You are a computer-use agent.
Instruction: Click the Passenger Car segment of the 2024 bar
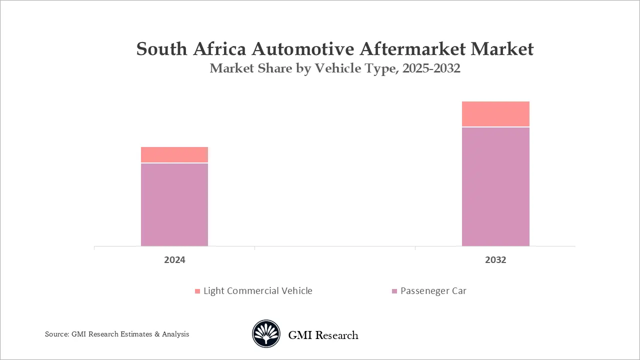click(174, 204)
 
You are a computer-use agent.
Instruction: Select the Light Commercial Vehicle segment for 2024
click(174, 154)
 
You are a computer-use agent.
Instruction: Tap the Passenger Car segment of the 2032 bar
click(495, 186)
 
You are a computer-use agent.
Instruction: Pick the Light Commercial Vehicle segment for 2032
click(495, 114)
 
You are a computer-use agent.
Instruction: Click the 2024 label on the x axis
click(174, 260)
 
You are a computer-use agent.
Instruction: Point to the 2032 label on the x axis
click(495, 260)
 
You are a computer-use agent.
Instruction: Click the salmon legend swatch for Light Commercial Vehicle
click(197, 291)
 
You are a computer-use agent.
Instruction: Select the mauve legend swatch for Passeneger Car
click(394, 291)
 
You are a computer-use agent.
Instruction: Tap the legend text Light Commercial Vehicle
click(257, 291)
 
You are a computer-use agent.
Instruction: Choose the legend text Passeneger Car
click(433, 291)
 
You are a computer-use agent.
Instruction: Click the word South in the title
click(160, 49)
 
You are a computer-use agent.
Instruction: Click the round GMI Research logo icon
click(266, 334)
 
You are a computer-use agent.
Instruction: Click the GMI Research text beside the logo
click(323, 335)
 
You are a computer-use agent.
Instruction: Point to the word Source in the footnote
click(55, 334)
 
